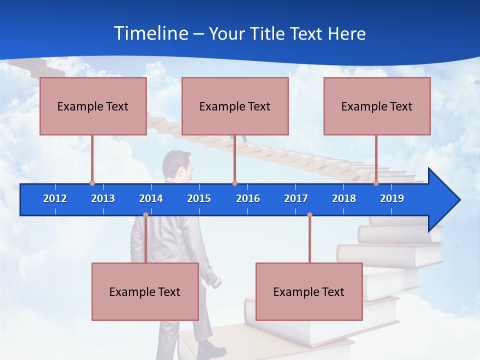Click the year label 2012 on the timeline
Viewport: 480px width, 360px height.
pos(55,198)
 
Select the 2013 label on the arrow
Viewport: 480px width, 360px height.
pos(103,198)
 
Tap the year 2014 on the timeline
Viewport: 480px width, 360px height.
pos(151,198)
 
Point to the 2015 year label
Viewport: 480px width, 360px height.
pos(199,198)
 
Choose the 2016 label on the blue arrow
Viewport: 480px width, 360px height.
pos(248,198)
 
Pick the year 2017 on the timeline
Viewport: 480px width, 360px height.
pos(296,198)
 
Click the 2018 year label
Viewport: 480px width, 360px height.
pos(344,198)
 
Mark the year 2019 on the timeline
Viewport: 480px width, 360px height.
pos(392,198)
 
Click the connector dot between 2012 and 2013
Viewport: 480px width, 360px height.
pos(92,183)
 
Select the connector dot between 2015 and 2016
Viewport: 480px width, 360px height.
pos(234,183)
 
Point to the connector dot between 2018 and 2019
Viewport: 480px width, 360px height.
pos(376,183)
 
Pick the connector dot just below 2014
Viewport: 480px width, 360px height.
pos(145,215)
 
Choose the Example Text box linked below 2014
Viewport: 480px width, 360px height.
pos(145,291)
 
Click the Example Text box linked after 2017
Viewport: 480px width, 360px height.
pos(309,291)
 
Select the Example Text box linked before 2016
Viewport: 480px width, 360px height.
pos(235,106)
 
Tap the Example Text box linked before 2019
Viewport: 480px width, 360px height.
pos(377,106)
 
